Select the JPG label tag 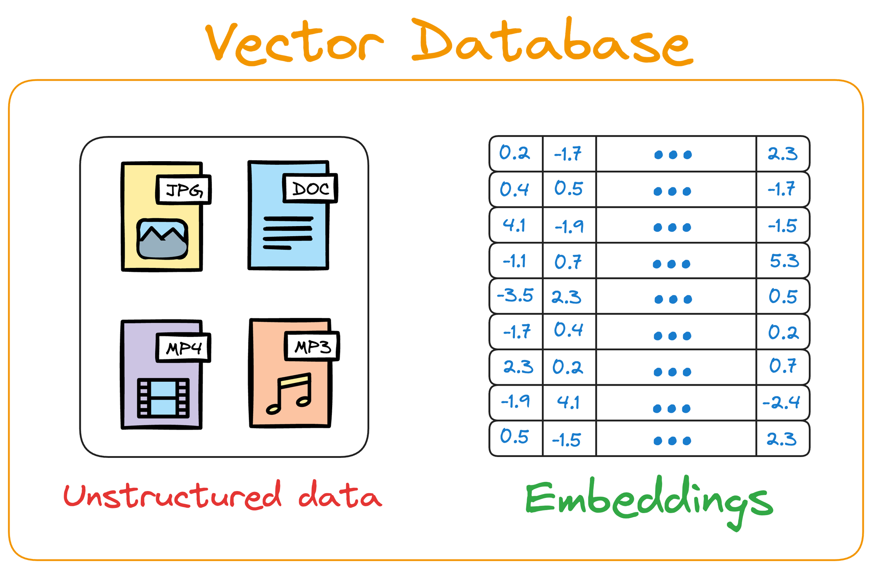point(184,190)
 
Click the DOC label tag point(310,189)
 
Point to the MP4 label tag point(184,348)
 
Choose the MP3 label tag point(312,347)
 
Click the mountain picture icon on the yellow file point(163,239)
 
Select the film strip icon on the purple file point(163,398)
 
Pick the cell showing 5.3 point(783,261)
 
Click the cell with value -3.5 point(515,296)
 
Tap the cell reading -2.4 point(781,403)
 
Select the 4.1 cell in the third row point(514,225)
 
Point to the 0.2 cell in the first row point(514,153)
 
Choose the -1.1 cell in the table point(514,261)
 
